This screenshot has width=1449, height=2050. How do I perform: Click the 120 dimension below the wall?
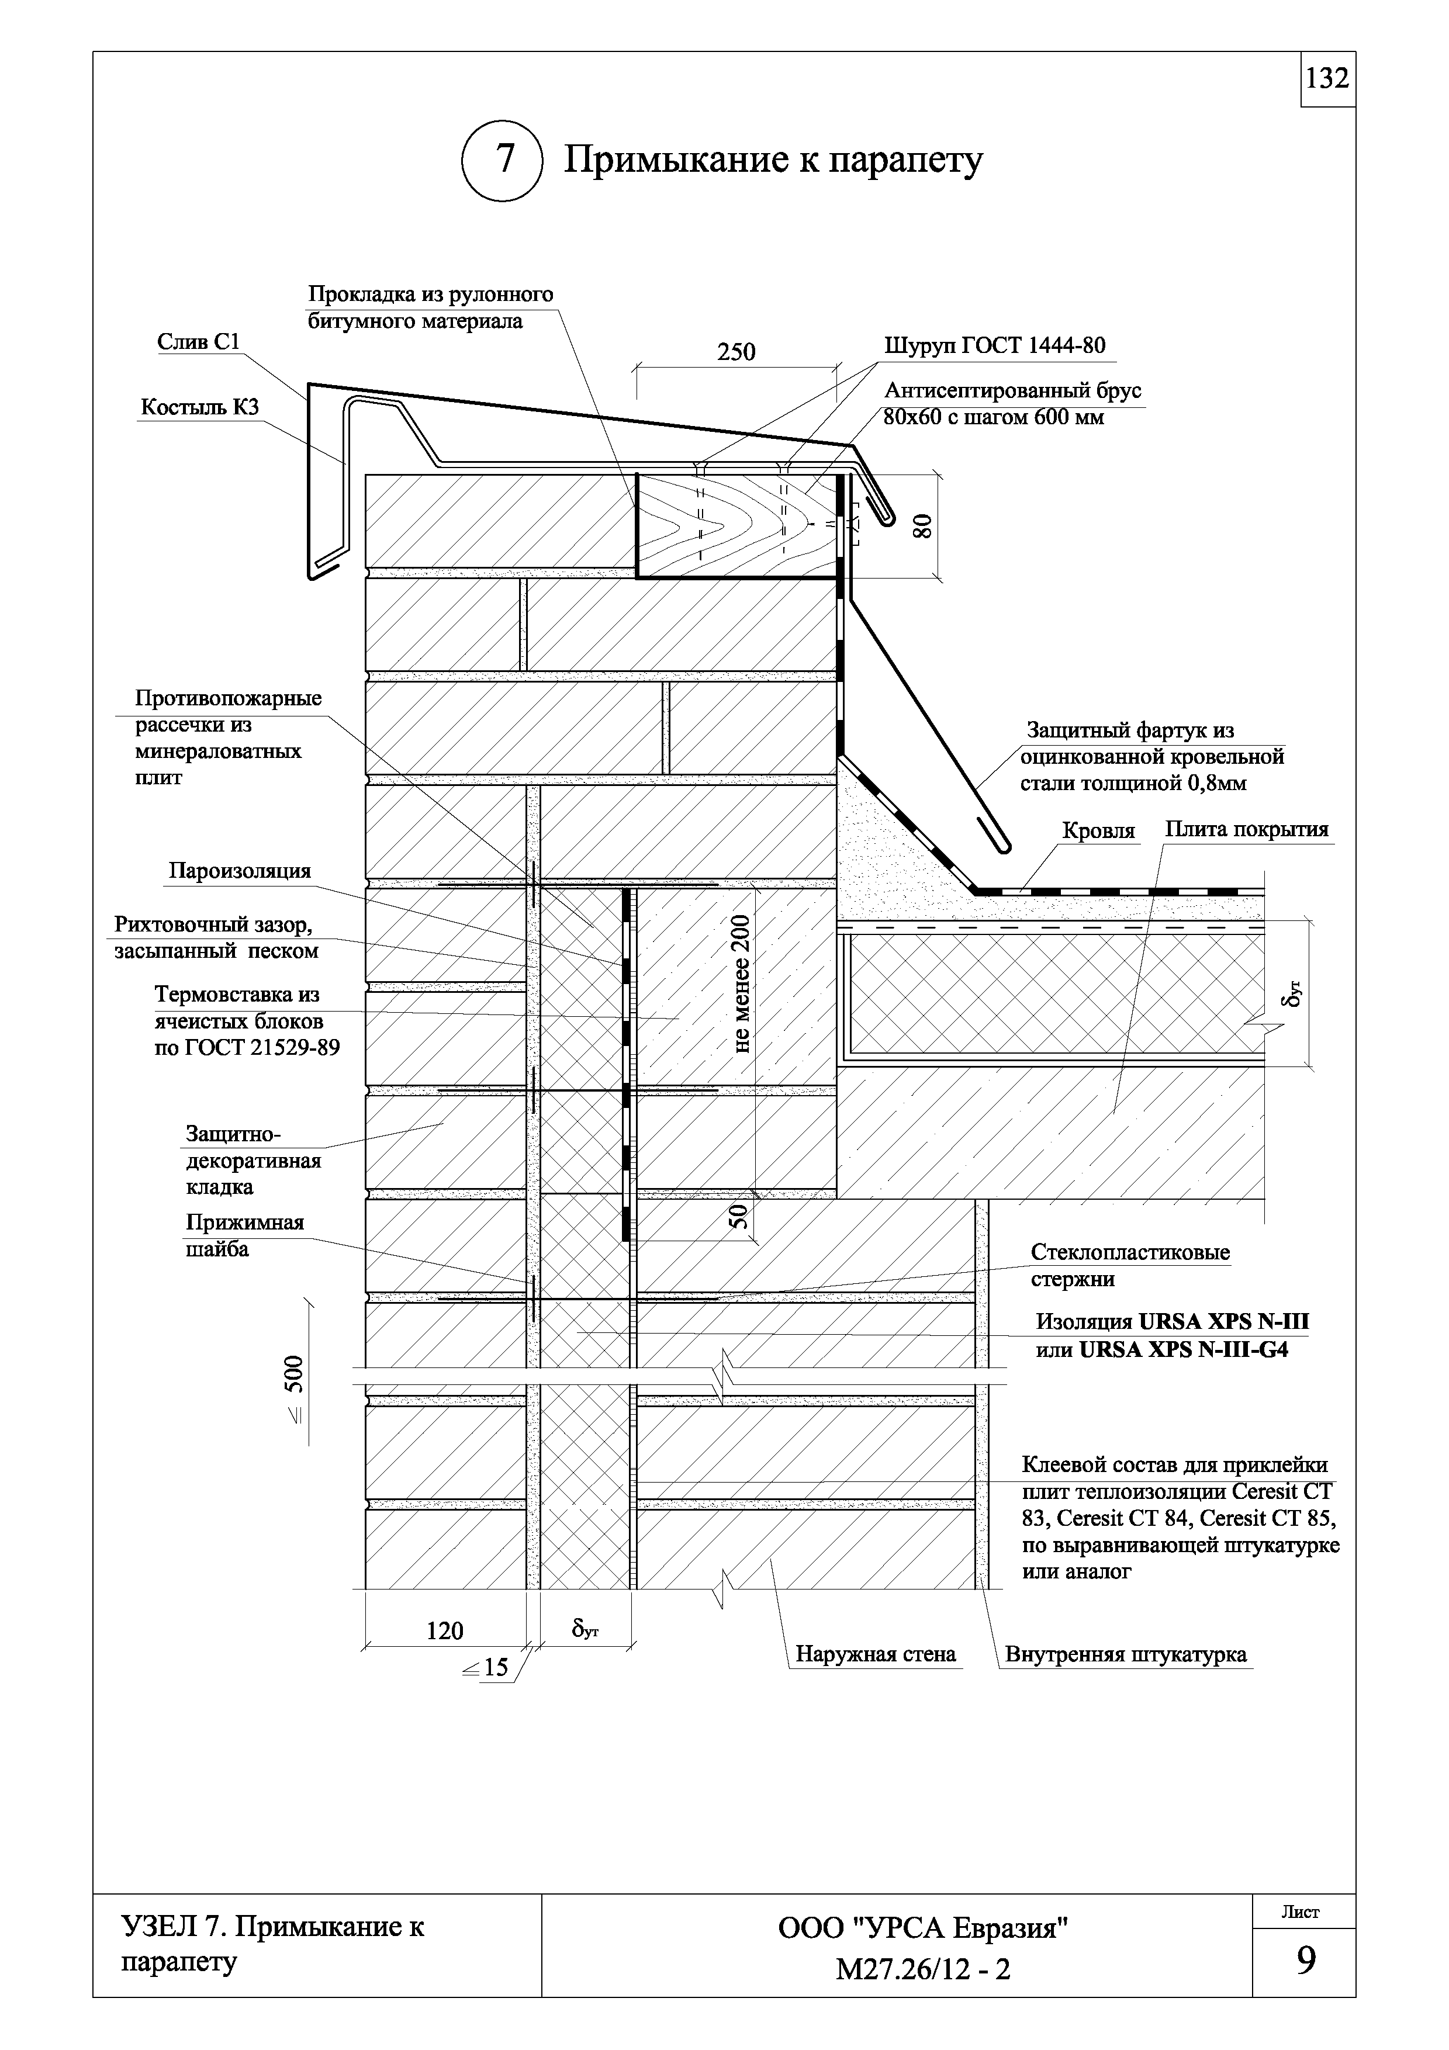click(x=445, y=1631)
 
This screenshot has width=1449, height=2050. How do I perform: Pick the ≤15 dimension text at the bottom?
click(x=485, y=1667)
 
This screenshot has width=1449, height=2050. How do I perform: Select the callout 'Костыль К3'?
click(x=200, y=408)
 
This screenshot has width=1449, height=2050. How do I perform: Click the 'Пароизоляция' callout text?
click(x=239, y=871)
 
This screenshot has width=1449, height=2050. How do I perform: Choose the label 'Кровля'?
click(x=1098, y=831)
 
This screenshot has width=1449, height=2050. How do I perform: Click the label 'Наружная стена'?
click(x=876, y=1654)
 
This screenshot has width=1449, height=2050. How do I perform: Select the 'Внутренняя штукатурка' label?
click(x=1126, y=1654)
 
